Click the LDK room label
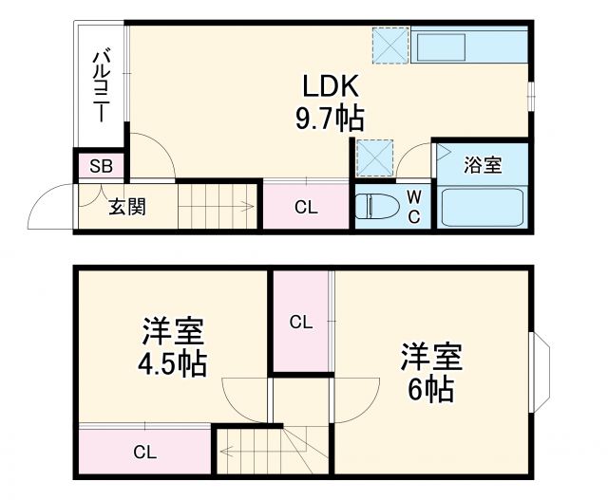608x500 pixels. [x=330, y=87]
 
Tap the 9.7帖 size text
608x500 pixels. [x=330, y=119]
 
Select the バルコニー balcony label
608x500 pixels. [x=99, y=85]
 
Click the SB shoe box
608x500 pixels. [x=101, y=167]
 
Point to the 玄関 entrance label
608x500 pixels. [x=125, y=206]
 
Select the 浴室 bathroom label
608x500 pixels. [x=482, y=165]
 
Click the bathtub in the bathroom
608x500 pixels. [x=484, y=207]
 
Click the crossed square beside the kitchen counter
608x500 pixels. [x=390, y=44]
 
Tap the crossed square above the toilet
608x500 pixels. [x=373, y=156]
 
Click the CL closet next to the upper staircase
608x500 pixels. [x=306, y=207]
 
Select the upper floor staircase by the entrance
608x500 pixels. [x=217, y=205]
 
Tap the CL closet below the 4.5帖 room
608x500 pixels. [x=143, y=452]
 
